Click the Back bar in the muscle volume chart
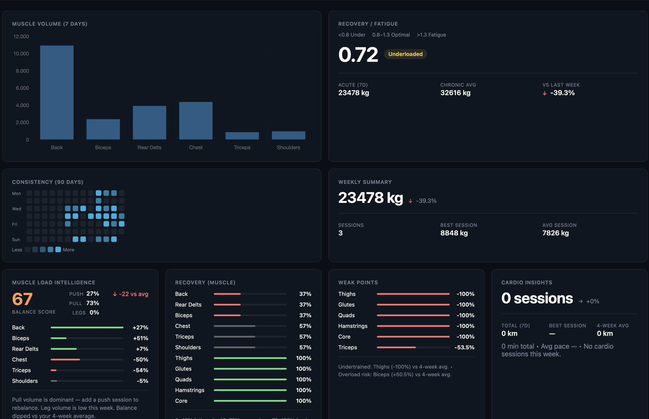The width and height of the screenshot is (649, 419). coord(57,93)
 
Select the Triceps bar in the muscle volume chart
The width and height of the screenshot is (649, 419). coord(242,136)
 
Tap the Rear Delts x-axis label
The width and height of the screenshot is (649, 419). coord(149,148)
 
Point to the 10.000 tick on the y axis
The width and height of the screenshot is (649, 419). coord(21,54)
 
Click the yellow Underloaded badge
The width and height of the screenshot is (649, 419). coord(405,54)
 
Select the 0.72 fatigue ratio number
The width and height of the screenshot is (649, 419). coord(358,55)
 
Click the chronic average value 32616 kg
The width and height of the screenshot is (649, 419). coord(455,93)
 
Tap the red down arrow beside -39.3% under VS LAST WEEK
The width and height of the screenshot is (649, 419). coord(544,93)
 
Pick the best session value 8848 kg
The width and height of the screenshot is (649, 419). coord(454,233)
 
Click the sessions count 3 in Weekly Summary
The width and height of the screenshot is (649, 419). coord(341,233)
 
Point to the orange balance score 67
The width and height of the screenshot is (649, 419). coord(22,299)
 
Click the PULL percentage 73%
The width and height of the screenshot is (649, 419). coord(93,303)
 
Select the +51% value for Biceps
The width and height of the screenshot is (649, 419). coord(141,338)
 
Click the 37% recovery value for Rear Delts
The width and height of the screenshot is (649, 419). coord(305,305)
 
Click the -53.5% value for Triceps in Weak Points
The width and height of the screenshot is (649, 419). coord(464,347)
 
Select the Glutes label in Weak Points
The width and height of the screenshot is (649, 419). coord(346,305)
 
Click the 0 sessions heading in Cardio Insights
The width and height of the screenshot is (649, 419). coord(537,298)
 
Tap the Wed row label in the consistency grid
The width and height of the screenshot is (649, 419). coord(17,209)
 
